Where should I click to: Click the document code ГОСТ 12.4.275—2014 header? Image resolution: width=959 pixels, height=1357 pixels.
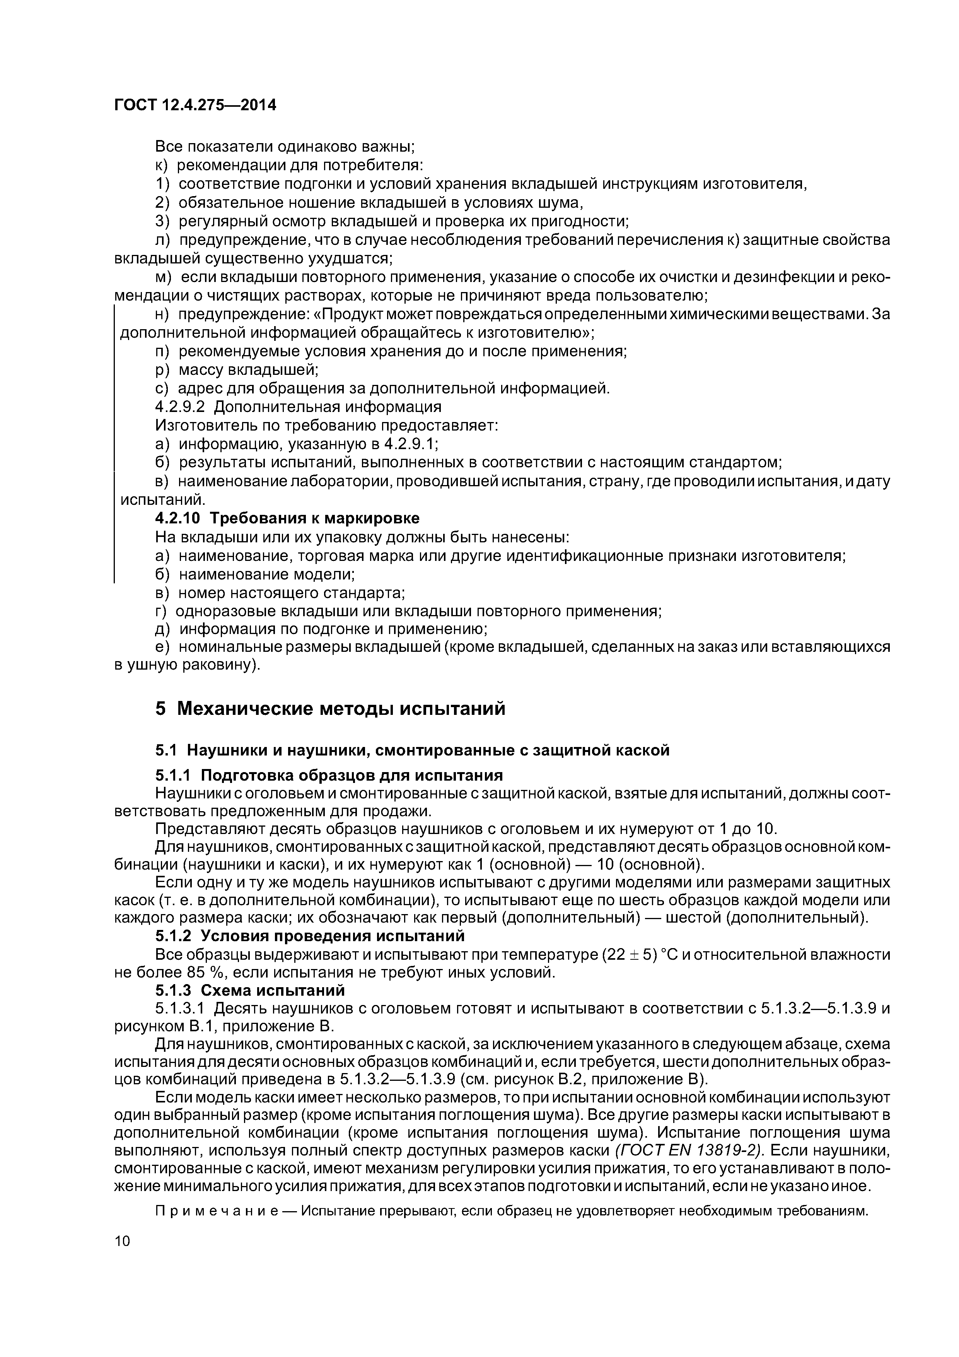point(195,106)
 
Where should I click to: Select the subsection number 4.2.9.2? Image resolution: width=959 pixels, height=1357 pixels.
point(181,407)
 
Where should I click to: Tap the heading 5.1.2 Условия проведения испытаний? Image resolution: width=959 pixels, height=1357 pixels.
point(310,936)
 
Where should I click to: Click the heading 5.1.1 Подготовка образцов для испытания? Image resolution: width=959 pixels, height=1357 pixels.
point(329,775)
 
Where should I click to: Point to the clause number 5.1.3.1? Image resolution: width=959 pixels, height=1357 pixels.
point(181,1009)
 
